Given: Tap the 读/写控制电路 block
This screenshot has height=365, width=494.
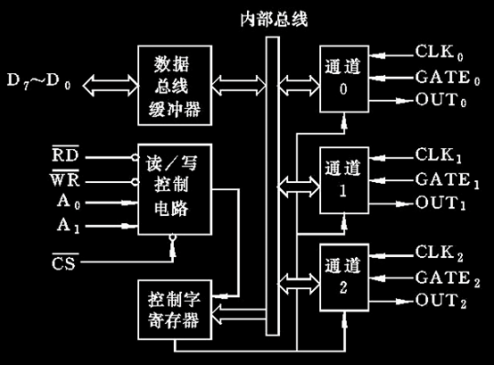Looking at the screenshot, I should pyautogui.click(x=171, y=190).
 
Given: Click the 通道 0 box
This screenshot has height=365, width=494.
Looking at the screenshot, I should pyautogui.click(x=346, y=78).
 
